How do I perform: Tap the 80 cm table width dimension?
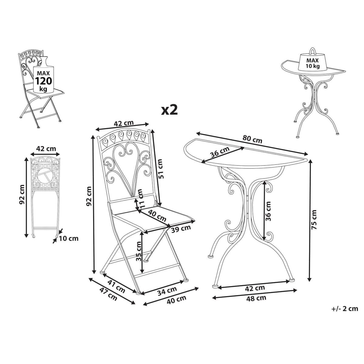point(252,140)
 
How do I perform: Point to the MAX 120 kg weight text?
point(43,81)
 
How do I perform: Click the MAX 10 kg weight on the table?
point(312,63)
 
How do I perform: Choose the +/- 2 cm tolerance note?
point(345,309)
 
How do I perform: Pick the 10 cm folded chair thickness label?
point(69,238)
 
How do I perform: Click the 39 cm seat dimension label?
point(181,229)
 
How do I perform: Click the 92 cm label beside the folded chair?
point(22,194)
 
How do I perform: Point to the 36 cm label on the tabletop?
point(220,152)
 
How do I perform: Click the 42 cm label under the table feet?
point(255,288)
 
